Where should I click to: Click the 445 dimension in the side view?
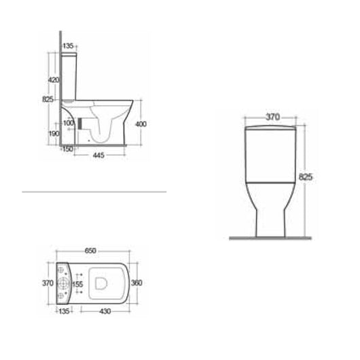pyautogui.click(x=98, y=155)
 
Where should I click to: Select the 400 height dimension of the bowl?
pyautogui.click(x=141, y=124)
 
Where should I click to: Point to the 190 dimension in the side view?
pyautogui.click(x=52, y=134)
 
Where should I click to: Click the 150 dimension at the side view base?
pyautogui.click(x=67, y=149)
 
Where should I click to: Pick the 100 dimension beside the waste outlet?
pyautogui.click(x=69, y=123)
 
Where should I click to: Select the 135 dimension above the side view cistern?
pyautogui.click(x=68, y=46)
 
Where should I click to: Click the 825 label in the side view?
pyautogui.click(x=48, y=99)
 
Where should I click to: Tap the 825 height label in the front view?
pyautogui.click(x=306, y=177)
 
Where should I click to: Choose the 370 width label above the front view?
pyautogui.click(x=272, y=117)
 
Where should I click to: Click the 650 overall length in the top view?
pyautogui.click(x=90, y=251)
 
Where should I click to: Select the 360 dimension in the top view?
pyautogui.click(x=137, y=283)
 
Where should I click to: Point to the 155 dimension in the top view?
pyautogui.click(x=78, y=285)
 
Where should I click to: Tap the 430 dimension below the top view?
pyautogui.click(x=105, y=311)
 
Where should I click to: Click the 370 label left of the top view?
pyautogui.click(x=48, y=283)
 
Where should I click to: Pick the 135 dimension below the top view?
pyautogui.click(x=65, y=311)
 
